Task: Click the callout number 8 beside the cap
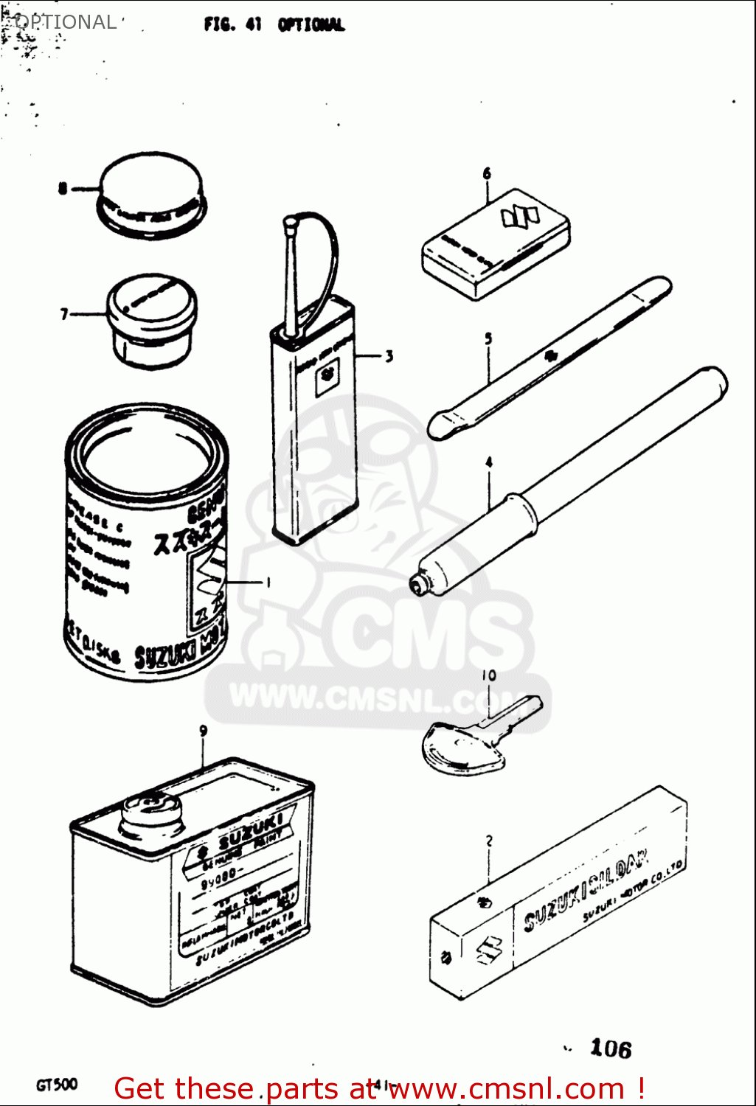point(63,189)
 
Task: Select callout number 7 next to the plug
point(64,315)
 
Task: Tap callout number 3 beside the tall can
point(389,357)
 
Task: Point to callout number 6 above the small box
point(487,174)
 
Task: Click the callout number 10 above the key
point(489,675)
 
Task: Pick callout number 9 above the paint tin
point(203,731)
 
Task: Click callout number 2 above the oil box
point(489,841)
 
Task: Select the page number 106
point(611,1048)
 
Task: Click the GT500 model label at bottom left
point(56,1085)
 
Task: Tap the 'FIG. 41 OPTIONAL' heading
point(274,24)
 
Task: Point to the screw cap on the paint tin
point(151,815)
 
